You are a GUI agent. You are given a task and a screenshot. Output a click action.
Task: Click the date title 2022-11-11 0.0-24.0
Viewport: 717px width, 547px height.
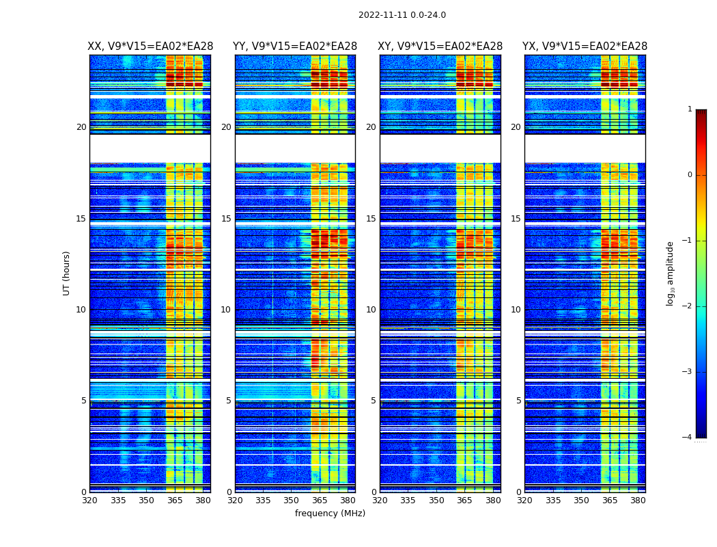402,15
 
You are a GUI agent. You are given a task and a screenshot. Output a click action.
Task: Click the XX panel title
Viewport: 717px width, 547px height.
150,46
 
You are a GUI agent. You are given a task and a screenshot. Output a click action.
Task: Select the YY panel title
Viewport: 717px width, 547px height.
295,46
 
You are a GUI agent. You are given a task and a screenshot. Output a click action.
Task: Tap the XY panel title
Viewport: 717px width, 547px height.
440,46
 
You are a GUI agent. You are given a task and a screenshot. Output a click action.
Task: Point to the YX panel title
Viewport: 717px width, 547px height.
585,46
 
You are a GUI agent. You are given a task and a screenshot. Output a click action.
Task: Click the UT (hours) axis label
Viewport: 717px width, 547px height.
66,273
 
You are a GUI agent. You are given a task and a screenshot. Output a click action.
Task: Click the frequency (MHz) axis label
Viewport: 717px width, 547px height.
330,513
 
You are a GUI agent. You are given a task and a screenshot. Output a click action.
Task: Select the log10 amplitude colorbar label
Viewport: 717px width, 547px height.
670,273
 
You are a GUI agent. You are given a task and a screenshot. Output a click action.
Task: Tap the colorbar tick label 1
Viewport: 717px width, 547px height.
690,109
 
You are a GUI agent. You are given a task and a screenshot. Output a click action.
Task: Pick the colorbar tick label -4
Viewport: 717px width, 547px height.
688,438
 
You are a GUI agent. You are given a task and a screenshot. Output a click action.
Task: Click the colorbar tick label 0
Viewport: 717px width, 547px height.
690,175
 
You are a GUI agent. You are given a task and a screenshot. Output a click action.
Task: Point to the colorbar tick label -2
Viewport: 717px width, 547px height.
688,306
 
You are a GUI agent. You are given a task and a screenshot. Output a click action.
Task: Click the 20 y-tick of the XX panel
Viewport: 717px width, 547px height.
81,127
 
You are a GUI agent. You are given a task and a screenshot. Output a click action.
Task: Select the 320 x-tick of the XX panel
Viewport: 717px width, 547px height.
89,501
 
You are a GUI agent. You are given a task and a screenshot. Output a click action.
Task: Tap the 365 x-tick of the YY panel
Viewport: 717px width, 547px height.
320,501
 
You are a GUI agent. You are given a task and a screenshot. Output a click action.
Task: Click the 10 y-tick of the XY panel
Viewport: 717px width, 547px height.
370,310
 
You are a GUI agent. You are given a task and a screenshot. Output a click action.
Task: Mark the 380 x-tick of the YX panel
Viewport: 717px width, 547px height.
638,501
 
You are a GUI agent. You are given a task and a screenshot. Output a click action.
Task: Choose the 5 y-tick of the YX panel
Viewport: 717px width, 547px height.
518,401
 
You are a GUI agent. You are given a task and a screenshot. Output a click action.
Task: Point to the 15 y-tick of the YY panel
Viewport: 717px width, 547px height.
226,219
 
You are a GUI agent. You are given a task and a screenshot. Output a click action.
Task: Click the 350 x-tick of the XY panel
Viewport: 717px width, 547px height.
436,501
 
